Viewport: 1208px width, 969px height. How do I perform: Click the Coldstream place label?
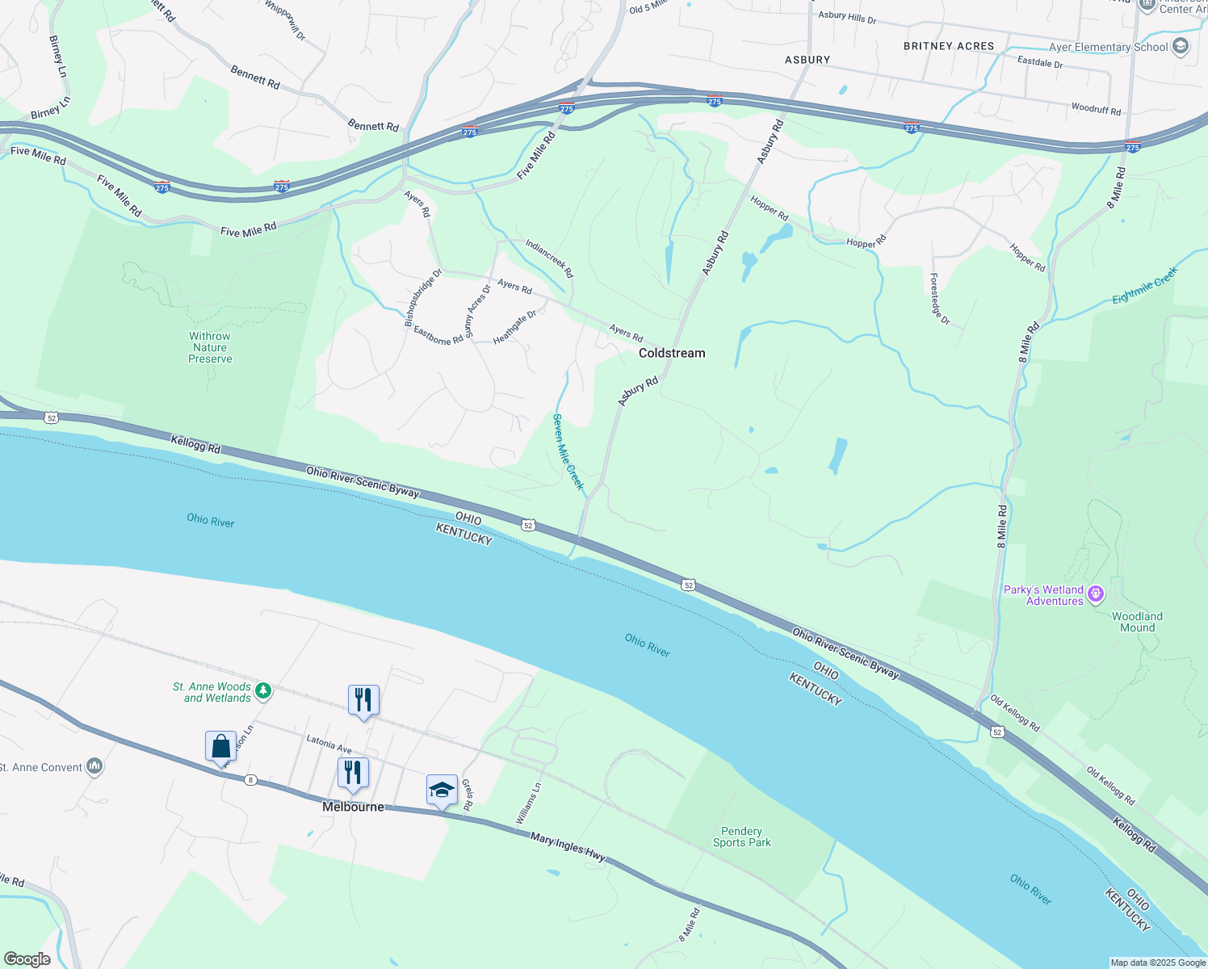coord(672,353)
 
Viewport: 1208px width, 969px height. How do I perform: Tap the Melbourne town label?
coord(353,807)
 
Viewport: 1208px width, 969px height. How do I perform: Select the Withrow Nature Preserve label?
coord(210,347)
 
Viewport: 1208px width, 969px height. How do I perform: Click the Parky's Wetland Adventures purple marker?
coord(1096,594)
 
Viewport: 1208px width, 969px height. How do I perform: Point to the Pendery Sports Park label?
coord(741,837)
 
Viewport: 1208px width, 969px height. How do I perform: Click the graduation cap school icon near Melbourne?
coord(442,789)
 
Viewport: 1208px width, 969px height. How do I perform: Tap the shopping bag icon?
coord(220,746)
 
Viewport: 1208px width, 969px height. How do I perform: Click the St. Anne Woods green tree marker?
coord(262,691)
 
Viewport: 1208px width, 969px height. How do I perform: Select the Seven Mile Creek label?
coord(568,451)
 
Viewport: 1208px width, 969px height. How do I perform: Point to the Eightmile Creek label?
coord(1145,286)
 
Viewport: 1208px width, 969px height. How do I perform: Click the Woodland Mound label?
coord(1137,622)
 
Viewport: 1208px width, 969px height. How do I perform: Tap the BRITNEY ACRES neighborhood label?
coord(949,46)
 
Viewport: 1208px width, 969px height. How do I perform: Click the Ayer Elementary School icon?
coord(1181,46)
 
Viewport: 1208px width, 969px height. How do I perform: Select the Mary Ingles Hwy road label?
coord(568,848)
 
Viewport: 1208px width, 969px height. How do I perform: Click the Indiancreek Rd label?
coord(549,258)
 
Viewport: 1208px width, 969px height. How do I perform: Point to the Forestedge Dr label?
coord(940,300)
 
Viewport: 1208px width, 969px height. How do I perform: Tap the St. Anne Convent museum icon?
coord(94,766)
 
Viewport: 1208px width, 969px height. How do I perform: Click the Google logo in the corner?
coord(27,959)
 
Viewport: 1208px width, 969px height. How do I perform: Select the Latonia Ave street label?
coord(329,742)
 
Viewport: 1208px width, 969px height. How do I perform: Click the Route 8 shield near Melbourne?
coord(251,780)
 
